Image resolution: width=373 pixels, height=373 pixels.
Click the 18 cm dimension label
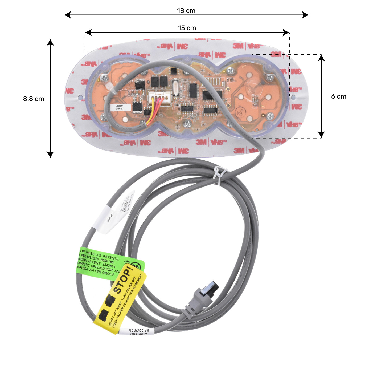click(186, 11)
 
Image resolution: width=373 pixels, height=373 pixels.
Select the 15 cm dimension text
click(187, 28)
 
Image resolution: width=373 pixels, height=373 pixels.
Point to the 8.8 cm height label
click(34, 99)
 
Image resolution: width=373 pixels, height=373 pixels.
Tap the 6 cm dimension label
click(339, 96)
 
